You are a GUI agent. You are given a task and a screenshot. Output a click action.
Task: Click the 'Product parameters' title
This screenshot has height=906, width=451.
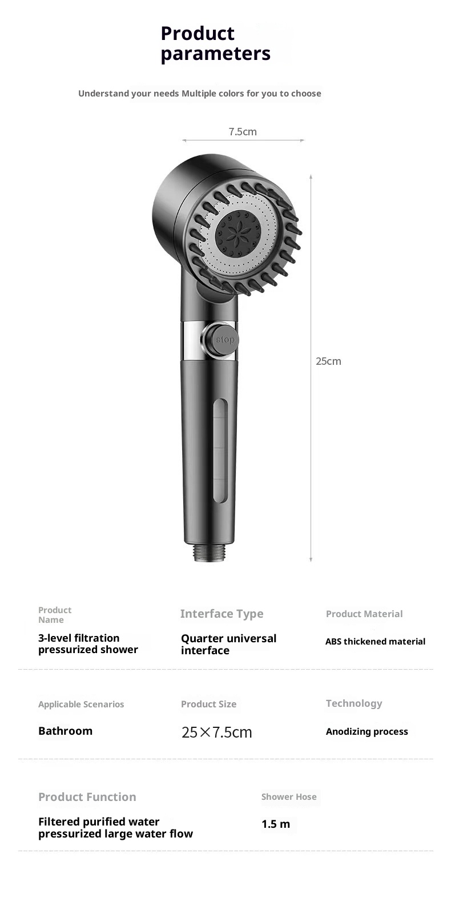[216, 43]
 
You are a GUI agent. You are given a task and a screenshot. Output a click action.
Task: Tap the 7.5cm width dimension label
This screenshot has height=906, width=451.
[243, 131]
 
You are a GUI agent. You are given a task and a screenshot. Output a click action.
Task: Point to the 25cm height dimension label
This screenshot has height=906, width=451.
[328, 361]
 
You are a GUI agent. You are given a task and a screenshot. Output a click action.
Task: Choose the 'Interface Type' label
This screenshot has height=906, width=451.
[222, 614]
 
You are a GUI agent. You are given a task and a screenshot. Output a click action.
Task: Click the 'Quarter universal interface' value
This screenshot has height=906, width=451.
[228, 645]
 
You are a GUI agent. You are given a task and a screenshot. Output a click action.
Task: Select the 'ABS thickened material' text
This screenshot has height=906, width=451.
[376, 642]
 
